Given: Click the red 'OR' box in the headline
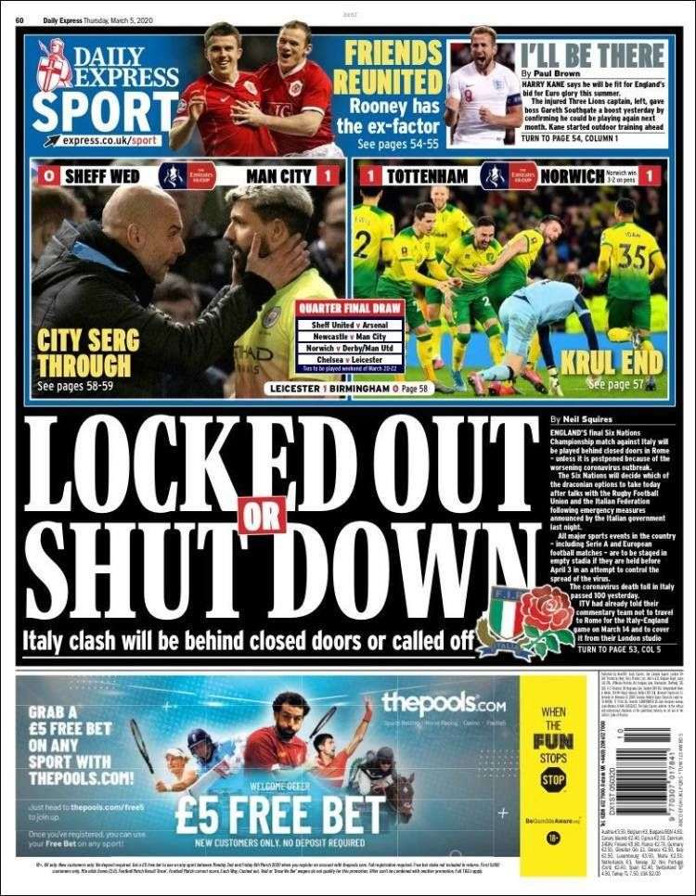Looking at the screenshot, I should tap(262, 515).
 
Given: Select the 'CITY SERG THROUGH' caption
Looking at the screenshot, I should tap(84, 352).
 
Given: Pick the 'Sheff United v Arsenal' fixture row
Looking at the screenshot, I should tap(351, 325).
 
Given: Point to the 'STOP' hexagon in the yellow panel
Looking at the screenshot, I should tap(553, 780).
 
